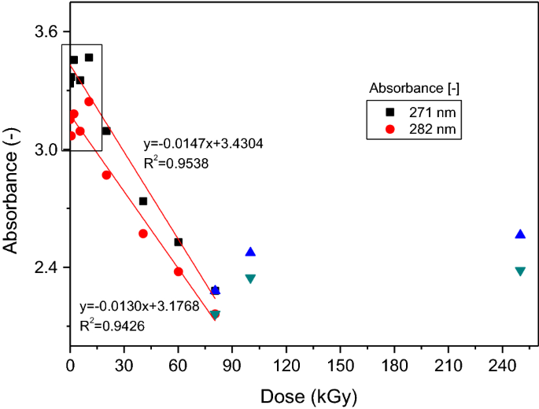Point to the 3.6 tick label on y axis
(x=46, y=31)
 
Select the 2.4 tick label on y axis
(x=46, y=267)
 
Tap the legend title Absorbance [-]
(x=414, y=85)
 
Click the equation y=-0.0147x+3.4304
(x=203, y=145)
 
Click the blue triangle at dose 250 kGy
(x=520, y=234)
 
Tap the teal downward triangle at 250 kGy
(x=520, y=271)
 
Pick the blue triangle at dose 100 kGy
(x=250, y=252)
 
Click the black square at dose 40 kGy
(x=143, y=201)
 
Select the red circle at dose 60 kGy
(x=179, y=271)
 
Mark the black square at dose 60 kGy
(x=179, y=242)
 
